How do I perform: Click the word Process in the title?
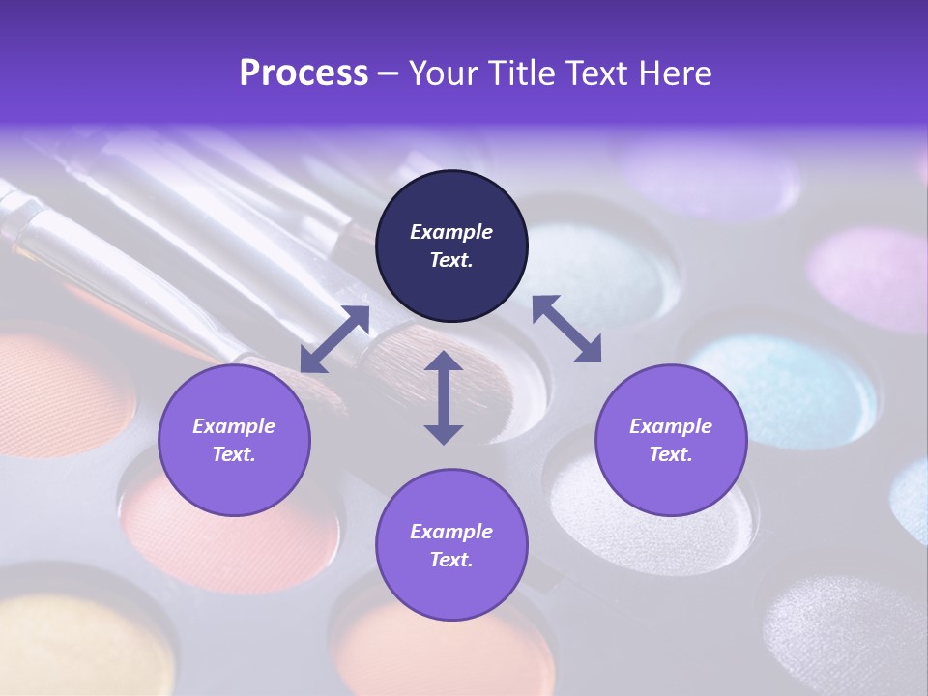click(x=304, y=73)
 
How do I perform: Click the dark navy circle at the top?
click(x=451, y=246)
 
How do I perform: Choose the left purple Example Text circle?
click(x=234, y=440)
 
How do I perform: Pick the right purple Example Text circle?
click(x=671, y=440)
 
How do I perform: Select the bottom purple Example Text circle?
click(x=451, y=545)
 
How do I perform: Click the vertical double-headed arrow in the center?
click(x=444, y=397)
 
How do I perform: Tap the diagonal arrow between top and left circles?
click(x=334, y=339)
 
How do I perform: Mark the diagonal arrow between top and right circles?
click(x=566, y=329)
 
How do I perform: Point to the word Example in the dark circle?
click(x=451, y=232)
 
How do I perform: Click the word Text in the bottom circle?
click(x=451, y=560)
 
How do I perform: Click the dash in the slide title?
click(x=389, y=73)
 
